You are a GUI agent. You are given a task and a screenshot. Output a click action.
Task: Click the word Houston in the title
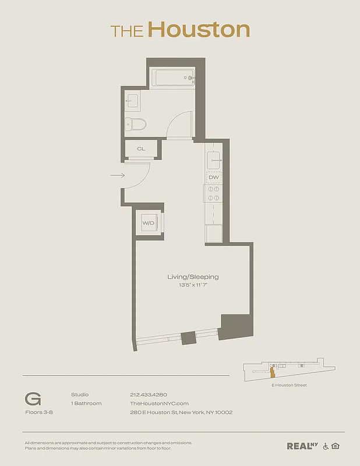click(199, 30)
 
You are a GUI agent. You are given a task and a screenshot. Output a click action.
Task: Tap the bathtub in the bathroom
click(173, 77)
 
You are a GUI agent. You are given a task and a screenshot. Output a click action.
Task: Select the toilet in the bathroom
click(135, 123)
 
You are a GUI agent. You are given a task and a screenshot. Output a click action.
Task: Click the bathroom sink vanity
click(132, 101)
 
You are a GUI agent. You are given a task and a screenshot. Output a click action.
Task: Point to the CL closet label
click(141, 149)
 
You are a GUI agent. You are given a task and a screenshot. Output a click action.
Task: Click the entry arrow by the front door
click(117, 175)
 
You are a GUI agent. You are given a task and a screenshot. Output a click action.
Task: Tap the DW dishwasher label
click(213, 177)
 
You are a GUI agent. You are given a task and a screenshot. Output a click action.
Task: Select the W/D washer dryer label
click(148, 223)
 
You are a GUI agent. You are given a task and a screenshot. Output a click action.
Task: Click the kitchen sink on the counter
click(213, 160)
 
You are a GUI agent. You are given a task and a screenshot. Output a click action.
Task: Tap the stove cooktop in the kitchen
click(213, 193)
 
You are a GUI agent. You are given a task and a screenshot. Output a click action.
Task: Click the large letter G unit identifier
click(33, 399)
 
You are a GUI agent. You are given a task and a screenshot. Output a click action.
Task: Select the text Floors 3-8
click(37, 412)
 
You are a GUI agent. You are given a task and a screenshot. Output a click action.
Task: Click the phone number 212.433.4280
click(148, 394)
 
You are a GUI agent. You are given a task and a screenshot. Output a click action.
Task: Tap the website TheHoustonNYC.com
click(159, 403)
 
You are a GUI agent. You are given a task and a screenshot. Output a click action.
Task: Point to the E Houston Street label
click(289, 385)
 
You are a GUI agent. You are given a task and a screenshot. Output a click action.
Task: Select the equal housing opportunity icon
click(335, 446)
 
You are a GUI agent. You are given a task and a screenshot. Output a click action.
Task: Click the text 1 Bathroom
click(86, 403)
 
